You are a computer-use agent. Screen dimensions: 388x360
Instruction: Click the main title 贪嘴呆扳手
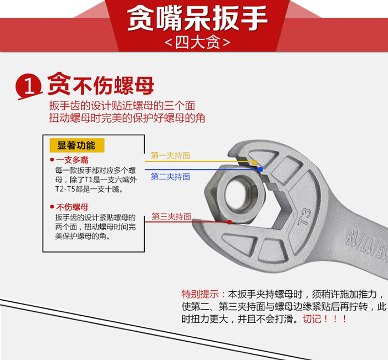click(197, 18)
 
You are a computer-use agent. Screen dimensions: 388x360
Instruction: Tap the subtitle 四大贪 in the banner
click(197, 43)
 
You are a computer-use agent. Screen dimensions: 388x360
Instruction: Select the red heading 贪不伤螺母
click(101, 84)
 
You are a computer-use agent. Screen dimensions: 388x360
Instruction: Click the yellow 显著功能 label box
click(77, 145)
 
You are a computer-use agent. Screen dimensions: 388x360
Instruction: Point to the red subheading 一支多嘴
click(72, 160)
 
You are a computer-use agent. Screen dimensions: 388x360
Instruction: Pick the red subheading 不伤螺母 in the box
click(72, 207)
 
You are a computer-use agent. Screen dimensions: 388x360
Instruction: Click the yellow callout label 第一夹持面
click(170, 156)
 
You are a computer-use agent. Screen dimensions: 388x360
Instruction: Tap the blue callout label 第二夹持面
click(170, 177)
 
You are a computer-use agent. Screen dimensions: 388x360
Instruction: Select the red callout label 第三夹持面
click(171, 217)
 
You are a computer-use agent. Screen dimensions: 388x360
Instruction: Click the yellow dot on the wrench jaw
click(254, 162)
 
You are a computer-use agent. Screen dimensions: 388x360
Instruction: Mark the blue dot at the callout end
click(261, 169)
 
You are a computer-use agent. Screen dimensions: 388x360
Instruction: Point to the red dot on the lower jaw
click(229, 222)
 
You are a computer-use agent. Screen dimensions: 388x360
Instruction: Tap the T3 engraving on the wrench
click(304, 216)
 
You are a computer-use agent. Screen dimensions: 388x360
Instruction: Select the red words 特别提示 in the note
click(200, 294)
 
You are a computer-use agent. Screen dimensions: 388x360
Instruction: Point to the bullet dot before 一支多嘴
click(52, 160)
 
